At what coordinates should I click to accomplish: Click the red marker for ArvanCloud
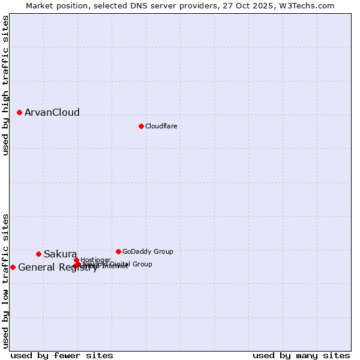point(19,112)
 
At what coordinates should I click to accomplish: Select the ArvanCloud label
point(52,113)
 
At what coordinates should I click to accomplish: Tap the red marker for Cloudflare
point(141,126)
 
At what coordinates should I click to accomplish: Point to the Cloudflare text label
point(161,126)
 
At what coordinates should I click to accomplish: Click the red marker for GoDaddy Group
point(118,251)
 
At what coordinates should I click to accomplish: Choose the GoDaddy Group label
point(148,251)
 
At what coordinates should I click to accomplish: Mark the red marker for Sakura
point(38,254)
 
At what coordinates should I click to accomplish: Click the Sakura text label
point(60,254)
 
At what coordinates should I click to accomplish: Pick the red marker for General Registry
point(13,267)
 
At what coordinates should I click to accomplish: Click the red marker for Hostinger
point(76,260)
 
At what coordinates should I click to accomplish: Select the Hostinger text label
point(95,260)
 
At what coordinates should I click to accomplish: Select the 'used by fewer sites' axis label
point(62,355)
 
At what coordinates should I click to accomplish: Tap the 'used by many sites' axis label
point(301,355)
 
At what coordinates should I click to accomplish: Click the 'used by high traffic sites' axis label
point(5,85)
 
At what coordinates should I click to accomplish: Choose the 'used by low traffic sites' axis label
point(5,281)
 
